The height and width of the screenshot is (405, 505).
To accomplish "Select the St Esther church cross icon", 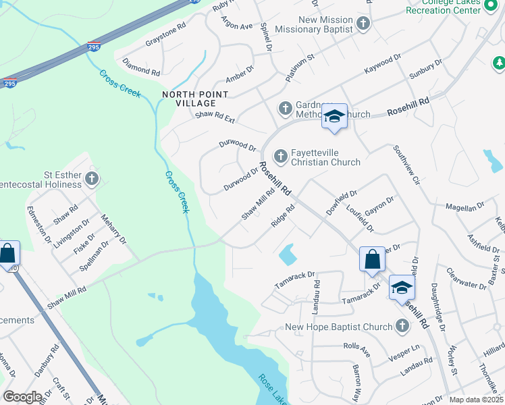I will click(92, 180).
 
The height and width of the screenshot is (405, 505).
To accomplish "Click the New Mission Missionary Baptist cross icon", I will click(363, 25).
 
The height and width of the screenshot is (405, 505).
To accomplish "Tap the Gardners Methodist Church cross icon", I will click(285, 108).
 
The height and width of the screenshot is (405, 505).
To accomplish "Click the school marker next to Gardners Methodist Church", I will click(334, 117).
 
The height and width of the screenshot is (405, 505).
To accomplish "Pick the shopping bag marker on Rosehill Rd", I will click(372, 259).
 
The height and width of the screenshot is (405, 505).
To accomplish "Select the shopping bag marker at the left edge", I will click(7, 254).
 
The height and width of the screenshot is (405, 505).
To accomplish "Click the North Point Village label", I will click(188, 99).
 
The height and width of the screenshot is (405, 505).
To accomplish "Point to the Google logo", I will click(22, 397).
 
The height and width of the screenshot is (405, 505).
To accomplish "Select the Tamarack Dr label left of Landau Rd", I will click(295, 280).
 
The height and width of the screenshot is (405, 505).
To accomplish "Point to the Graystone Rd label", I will click(165, 36).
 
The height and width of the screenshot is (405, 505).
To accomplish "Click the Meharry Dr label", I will click(113, 230).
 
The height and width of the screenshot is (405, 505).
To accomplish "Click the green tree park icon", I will click(499, 63).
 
